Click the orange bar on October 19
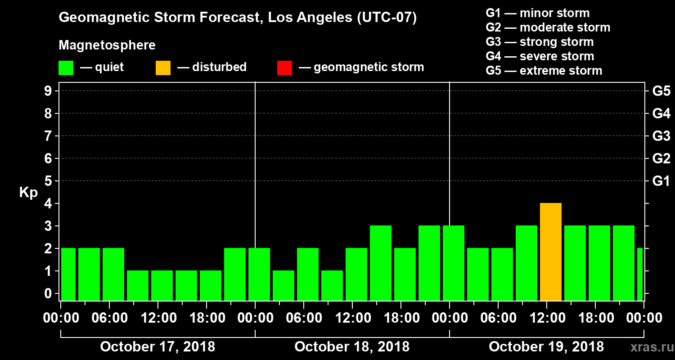point(551,252)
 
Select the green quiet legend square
point(66,67)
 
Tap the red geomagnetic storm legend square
point(284,67)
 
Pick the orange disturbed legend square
point(163,67)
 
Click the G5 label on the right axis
point(661,91)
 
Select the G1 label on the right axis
point(661,181)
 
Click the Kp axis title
point(28,192)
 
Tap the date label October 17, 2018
point(157,347)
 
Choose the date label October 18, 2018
point(352,347)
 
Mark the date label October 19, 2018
point(546,347)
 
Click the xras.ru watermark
point(648,347)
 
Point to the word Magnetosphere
point(107,45)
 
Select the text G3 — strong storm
point(540,42)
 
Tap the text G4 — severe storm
point(540,56)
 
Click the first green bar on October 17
point(68,274)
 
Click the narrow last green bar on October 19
point(640,274)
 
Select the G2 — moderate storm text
point(548,27)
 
